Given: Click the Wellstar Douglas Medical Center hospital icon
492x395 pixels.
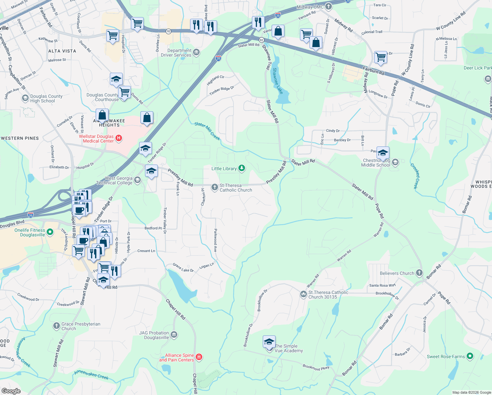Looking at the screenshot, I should pos(119,139).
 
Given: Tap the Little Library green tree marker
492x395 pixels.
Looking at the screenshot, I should pos(242,169).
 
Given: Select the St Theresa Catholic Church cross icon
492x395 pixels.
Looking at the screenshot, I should pos(215,187).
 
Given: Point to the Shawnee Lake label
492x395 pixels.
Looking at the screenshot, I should pos(278,81).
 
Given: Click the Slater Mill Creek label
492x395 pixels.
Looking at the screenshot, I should pos(207,131).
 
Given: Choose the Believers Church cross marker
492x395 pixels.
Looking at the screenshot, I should pos(419,273).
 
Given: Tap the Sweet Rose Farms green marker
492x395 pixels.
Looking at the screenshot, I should pos(470,356).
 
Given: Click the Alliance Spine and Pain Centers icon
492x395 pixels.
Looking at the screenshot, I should pos(199,357).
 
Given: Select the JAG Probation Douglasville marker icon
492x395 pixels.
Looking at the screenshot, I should pos(174,335).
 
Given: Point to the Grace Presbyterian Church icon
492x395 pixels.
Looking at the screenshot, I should pos(56,326).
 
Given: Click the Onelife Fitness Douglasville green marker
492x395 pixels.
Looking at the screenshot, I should pos(50,232).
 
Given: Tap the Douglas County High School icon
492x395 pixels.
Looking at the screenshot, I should pos(25,98).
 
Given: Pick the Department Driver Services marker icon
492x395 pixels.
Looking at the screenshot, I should pos(196,52).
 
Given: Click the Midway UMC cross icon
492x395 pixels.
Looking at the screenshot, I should pos(329,7).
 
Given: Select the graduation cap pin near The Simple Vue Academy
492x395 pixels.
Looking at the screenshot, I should pos(269,342).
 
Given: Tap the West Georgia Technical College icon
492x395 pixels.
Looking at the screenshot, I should pos(137,180).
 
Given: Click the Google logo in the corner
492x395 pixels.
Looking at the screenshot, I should pos(11,391).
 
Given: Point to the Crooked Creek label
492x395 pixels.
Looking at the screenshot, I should pos(415,176).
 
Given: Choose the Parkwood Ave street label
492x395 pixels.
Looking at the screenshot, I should pos(215,240).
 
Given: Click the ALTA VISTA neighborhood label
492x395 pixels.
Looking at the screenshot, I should pos(62,51).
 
